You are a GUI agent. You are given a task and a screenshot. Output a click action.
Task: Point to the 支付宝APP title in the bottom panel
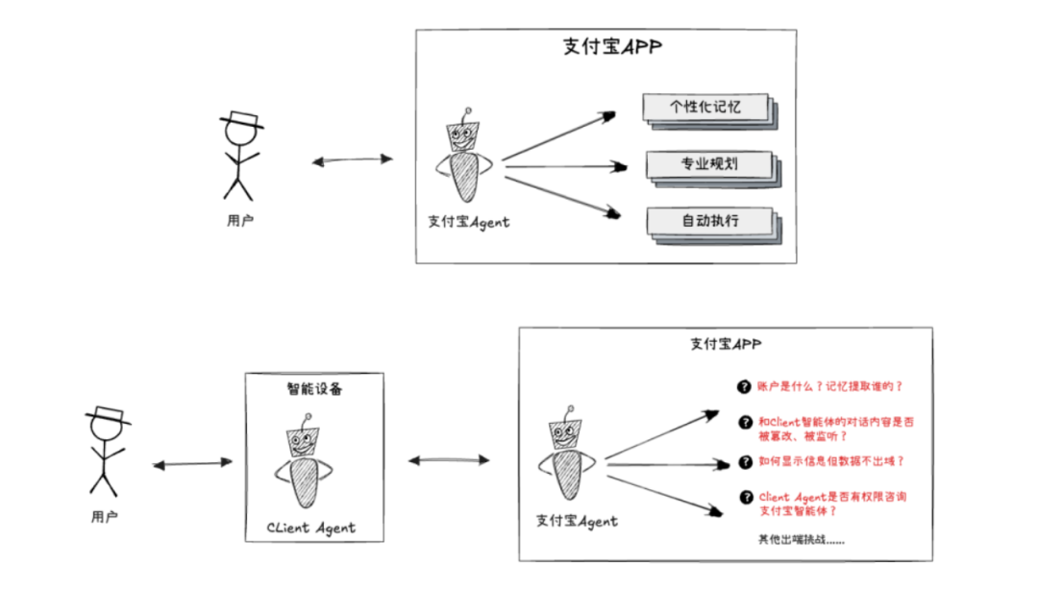pos(726,344)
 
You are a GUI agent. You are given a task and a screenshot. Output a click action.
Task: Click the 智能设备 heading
pos(314,389)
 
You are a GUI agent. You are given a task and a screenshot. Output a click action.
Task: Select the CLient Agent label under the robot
pos(310,528)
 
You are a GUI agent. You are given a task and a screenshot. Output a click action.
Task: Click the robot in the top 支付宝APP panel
pos(465,159)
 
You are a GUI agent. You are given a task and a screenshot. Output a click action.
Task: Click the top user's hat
pos(241,121)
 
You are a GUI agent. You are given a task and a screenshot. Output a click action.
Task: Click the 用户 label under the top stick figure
pos(240,220)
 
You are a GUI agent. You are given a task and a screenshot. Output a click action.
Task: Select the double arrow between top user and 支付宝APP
pos(353,160)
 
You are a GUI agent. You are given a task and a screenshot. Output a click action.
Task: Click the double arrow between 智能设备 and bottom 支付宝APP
pos(449,460)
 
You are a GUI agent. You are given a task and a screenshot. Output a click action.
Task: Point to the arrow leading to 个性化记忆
pos(558,135)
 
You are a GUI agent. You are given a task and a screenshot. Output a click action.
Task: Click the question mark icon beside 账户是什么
pos(743,386)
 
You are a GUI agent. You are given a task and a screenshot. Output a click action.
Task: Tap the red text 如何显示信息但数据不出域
pos(831,461)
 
